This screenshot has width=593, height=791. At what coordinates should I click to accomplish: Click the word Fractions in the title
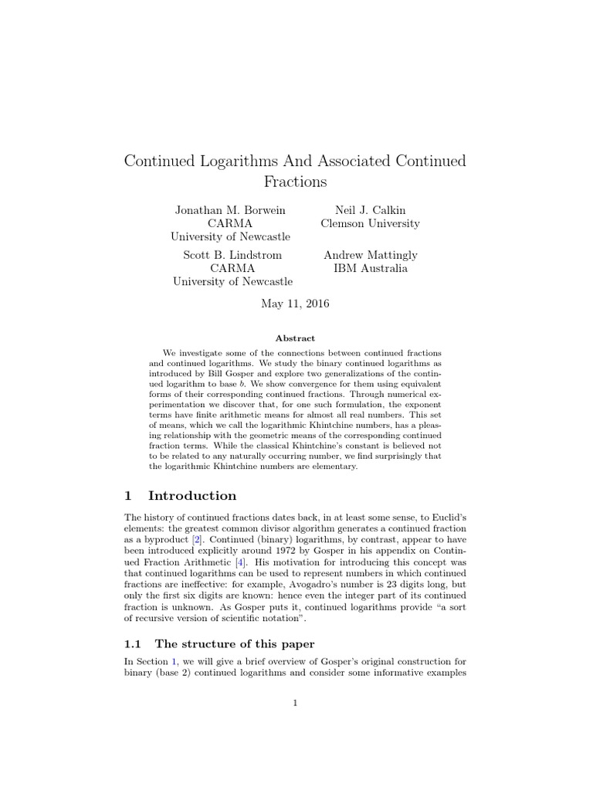point(296,182)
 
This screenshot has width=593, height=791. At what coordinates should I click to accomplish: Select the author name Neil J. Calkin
point(370,210)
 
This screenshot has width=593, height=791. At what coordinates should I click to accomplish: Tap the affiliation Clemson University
point(370,223)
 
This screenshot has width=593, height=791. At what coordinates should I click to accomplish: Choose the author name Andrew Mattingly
point(370,255)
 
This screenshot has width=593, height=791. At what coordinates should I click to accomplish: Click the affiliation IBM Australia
point(370,268)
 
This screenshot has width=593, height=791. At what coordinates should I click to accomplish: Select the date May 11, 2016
point(296,304)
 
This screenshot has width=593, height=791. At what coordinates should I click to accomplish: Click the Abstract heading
point(296,338)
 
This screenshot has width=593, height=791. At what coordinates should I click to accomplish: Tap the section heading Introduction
point(192,496)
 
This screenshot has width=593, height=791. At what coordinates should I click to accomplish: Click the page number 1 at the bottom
point(296,702)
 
